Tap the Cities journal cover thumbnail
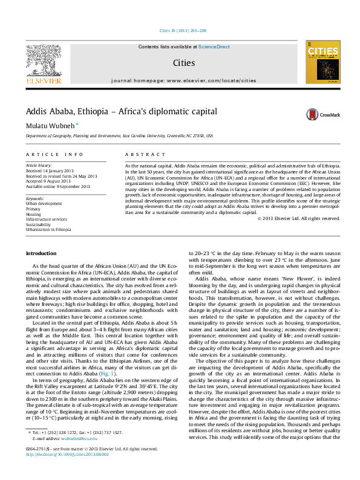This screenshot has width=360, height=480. (x=321, y=62)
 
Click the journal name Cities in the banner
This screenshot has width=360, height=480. (x=180, y=62)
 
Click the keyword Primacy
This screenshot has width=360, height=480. (x=34, y=208)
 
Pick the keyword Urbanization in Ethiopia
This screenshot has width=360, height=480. (x=48, y=229)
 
